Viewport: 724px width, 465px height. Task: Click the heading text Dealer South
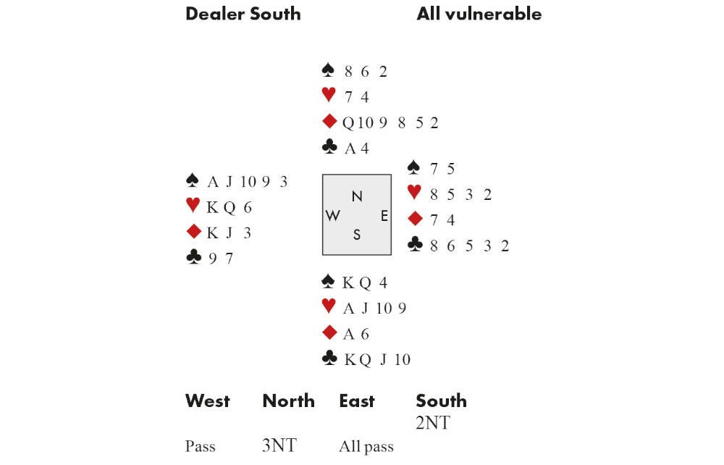[x=243, y=14]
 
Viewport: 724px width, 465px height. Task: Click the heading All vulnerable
[x=479, y=14]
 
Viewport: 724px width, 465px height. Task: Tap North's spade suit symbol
[x=329, y=70]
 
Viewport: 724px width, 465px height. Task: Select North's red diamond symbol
[x=329, y=122]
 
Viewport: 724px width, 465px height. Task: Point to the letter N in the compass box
[x=357, y=196]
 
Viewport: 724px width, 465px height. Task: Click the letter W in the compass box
[x=334, y=216]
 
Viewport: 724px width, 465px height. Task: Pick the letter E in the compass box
[x=384, y=216]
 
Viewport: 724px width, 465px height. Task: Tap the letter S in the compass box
[x=357, y=235]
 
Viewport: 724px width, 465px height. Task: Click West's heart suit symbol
[x=193, y=206]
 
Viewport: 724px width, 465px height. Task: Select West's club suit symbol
[x=193, y=257]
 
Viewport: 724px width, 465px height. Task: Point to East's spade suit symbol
[x=413, y=167]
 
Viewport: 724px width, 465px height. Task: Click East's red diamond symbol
[x=414, y=218]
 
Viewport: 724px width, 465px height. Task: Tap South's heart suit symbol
[x=329, y=306]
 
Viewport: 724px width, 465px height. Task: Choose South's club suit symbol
[x=329, y=358]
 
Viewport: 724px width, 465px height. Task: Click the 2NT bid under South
[x=432, y=423]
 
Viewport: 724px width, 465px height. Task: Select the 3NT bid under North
[x=279, y=445]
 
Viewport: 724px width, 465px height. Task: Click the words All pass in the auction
[x=366, y=446]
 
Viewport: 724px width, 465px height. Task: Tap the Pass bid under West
[x=200, y=446]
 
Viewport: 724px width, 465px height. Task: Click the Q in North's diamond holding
[x=348, y=123]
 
